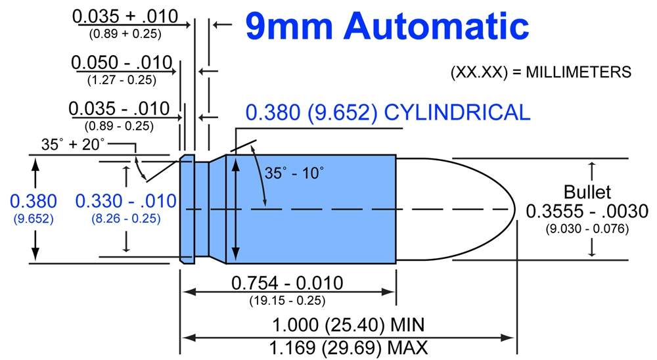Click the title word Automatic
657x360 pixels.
pyautogui.click(x=436, y=26)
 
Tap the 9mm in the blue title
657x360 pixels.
pyautogui.click(x=289, y=26)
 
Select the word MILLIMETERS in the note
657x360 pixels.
pyautogui.click(x=578, y=72)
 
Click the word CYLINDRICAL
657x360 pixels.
pyautogui.click(x=457, y=113)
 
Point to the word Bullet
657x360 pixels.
pyautogui.click(x=587, y=192)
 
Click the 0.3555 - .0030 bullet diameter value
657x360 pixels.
pyautogui.click(x=587, y=211)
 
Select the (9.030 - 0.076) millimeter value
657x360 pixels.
pyautogui.click(x=587, y=229)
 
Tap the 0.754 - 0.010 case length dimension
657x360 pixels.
pyautogui.click(x=288, y=283)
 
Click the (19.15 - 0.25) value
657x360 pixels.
pyautogui.click(x=288, y=300)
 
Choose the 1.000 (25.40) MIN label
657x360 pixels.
pyautogui.click(x=349, y=325)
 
